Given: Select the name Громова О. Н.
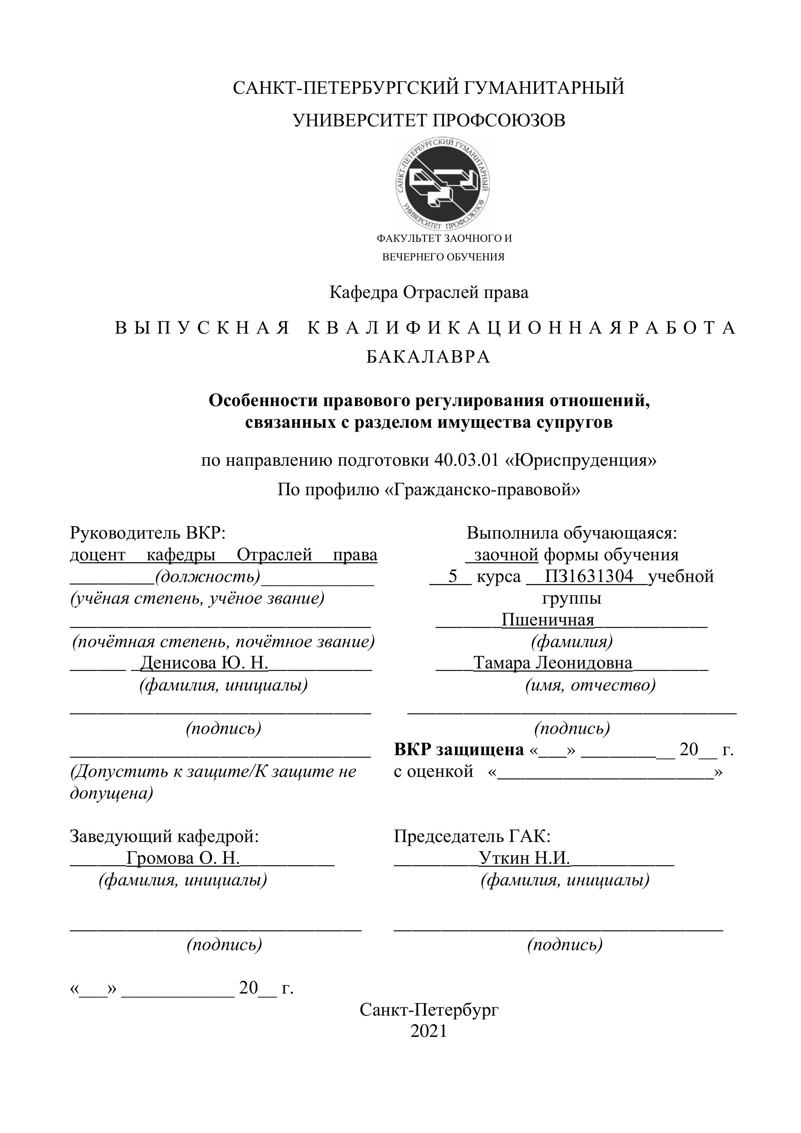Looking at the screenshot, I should point(183,858).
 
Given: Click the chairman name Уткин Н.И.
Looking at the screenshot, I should point(524,858).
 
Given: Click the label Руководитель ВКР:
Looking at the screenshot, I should point(148,533).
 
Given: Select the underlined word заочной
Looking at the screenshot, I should point(505,554).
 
